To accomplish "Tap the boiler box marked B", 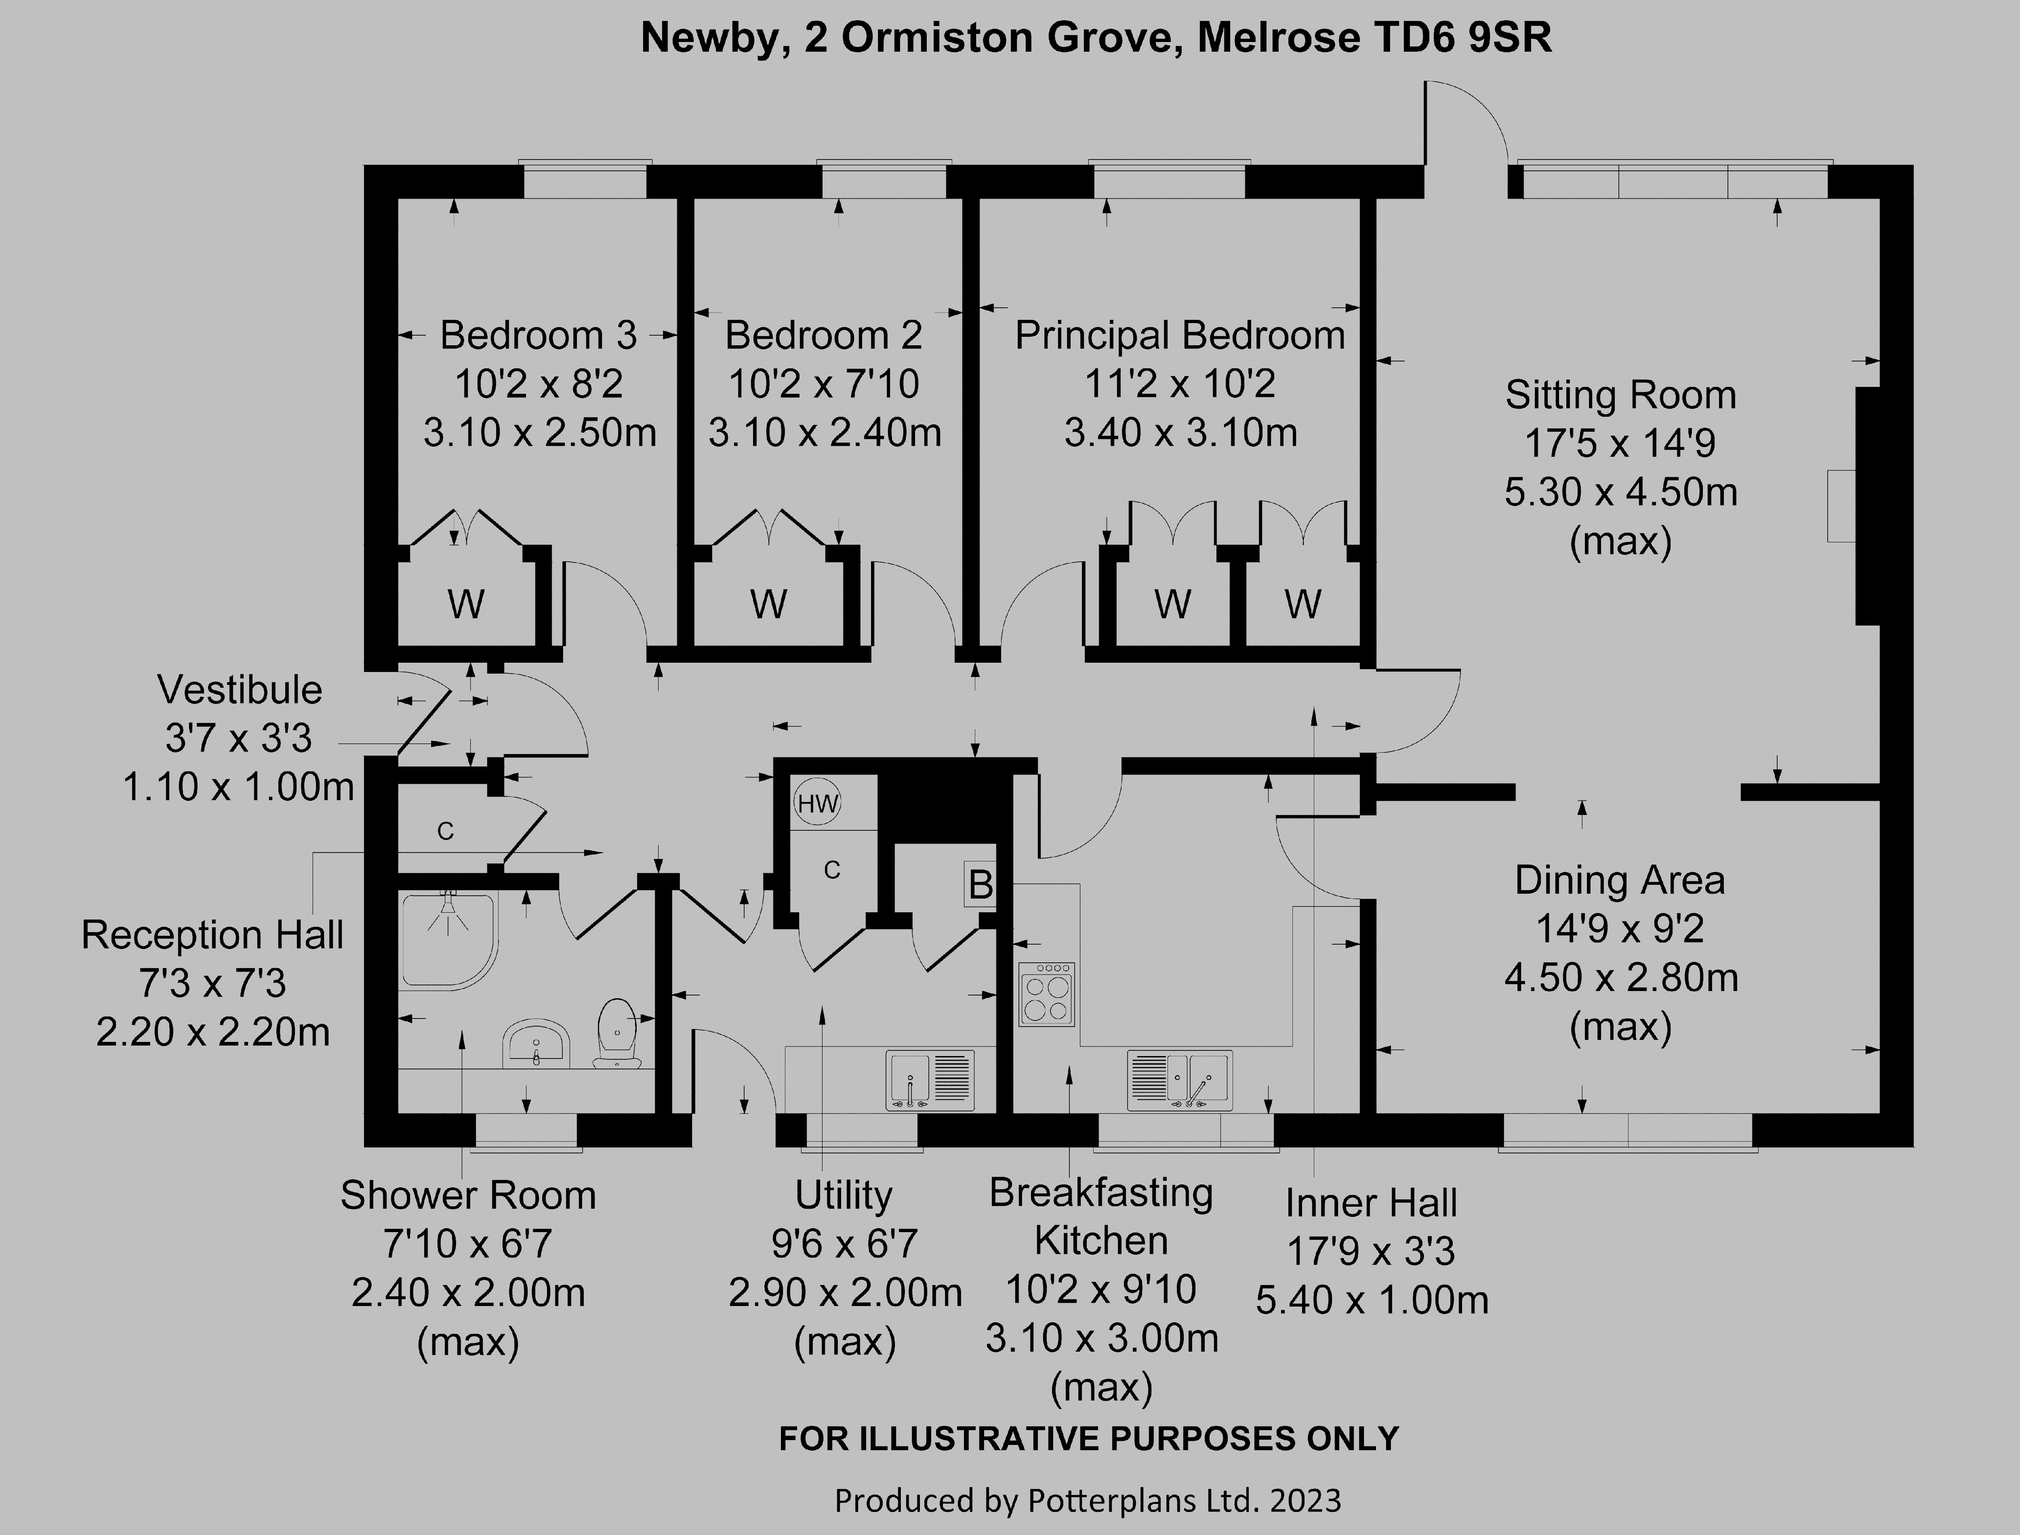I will pyautogui.click(x=980, y=884).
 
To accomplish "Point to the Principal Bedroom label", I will pyautogui.click(x=1180, y=335).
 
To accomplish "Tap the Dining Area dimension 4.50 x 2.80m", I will pyautogui.click(x=1620, y=978).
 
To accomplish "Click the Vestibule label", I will pyautogui.click(x=240, y=690).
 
